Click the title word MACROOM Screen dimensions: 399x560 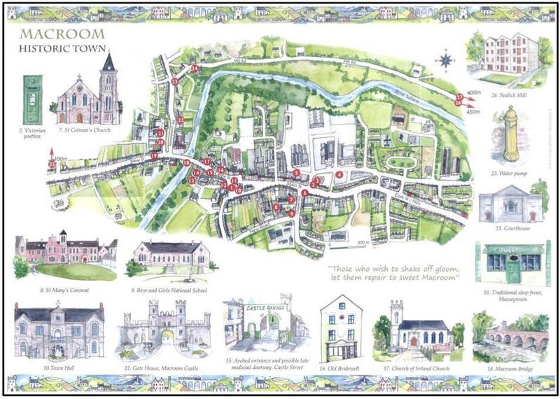click(x=63, y=35)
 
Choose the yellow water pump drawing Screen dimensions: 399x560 click(x=511, y=133)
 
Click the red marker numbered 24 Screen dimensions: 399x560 click(x=195, y=69)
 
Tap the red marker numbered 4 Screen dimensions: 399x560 click(x=339, y=175)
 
